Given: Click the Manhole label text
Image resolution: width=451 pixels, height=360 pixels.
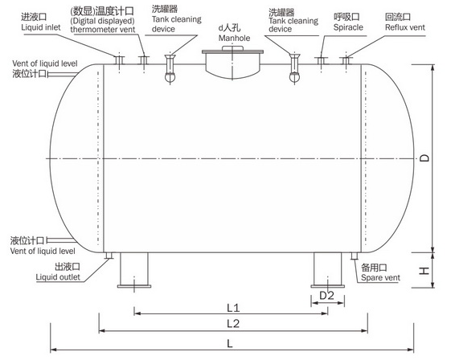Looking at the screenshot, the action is tap(234, 38).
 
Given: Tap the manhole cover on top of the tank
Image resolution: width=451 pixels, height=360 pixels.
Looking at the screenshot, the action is tap(232, 51).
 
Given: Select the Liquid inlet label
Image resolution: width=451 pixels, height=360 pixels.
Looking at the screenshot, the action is tap(41, 27).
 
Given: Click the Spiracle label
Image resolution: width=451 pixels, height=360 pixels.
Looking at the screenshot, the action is tap(348, 27).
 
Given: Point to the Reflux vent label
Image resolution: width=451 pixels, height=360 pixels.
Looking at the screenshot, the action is tap(405, 27).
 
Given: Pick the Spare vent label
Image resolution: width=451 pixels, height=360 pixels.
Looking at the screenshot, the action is tap(380, 278).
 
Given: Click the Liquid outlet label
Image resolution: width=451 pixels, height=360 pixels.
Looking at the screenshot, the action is tap(58, 277).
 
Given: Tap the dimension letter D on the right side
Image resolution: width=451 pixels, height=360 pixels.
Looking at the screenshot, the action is tap(424, 158).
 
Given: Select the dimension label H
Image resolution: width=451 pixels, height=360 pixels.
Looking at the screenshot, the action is tap(424, 271).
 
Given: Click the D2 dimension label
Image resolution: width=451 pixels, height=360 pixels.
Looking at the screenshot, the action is tap(326, 295).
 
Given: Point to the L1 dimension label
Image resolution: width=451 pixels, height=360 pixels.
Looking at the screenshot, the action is tap(233, 308).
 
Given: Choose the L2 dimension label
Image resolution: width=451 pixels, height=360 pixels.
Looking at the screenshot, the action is tap(233, 324).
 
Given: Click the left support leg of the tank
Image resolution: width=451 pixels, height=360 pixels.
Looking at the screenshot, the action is tap(134, 270).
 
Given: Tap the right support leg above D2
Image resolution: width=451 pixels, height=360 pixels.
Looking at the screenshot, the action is tap(328, 270).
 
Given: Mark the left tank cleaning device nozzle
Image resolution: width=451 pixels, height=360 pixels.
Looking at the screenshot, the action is tap(170, 68).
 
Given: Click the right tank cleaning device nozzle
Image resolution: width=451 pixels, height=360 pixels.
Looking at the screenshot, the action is tap(294, 68).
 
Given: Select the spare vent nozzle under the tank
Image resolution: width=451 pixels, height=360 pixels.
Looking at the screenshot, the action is tap(354, 256).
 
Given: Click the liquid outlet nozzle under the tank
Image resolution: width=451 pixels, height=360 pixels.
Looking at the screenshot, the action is tap(109, 256).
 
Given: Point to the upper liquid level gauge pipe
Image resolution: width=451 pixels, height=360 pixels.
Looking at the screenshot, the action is tap(62, 75).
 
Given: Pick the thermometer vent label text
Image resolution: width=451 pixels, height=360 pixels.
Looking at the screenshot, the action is tap(103, 29).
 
